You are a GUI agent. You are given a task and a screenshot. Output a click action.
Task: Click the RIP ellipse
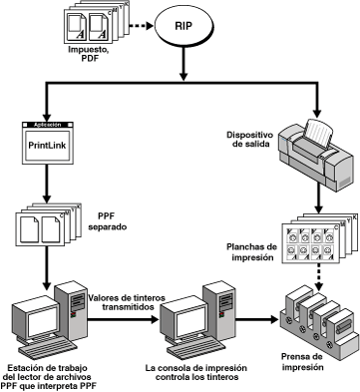[x=183, y=26]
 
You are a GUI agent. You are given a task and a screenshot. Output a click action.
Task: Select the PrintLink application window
[x=48, y=143]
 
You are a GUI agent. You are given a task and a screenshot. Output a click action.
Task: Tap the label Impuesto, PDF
[x=84, y=54]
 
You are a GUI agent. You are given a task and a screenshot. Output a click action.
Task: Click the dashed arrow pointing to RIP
[x=141, y=26]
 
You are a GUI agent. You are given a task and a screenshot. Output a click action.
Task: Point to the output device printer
[x=314, y=154]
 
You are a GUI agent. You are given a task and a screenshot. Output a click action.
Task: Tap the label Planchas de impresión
[x=251, y=251]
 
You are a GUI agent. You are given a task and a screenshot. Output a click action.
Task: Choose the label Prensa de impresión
[x=302, y=362]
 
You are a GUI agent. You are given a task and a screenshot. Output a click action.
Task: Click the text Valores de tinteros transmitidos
[x=127, y=302]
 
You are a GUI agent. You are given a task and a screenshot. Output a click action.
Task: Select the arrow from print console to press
[x=256, y=319]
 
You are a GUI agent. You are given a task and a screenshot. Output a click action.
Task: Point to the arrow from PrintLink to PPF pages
[x=47, y=183]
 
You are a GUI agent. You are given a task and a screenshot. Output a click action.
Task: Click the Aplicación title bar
[x=48, y=125]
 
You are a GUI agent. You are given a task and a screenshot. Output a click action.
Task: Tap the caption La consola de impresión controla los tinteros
[x=196, y=373]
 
